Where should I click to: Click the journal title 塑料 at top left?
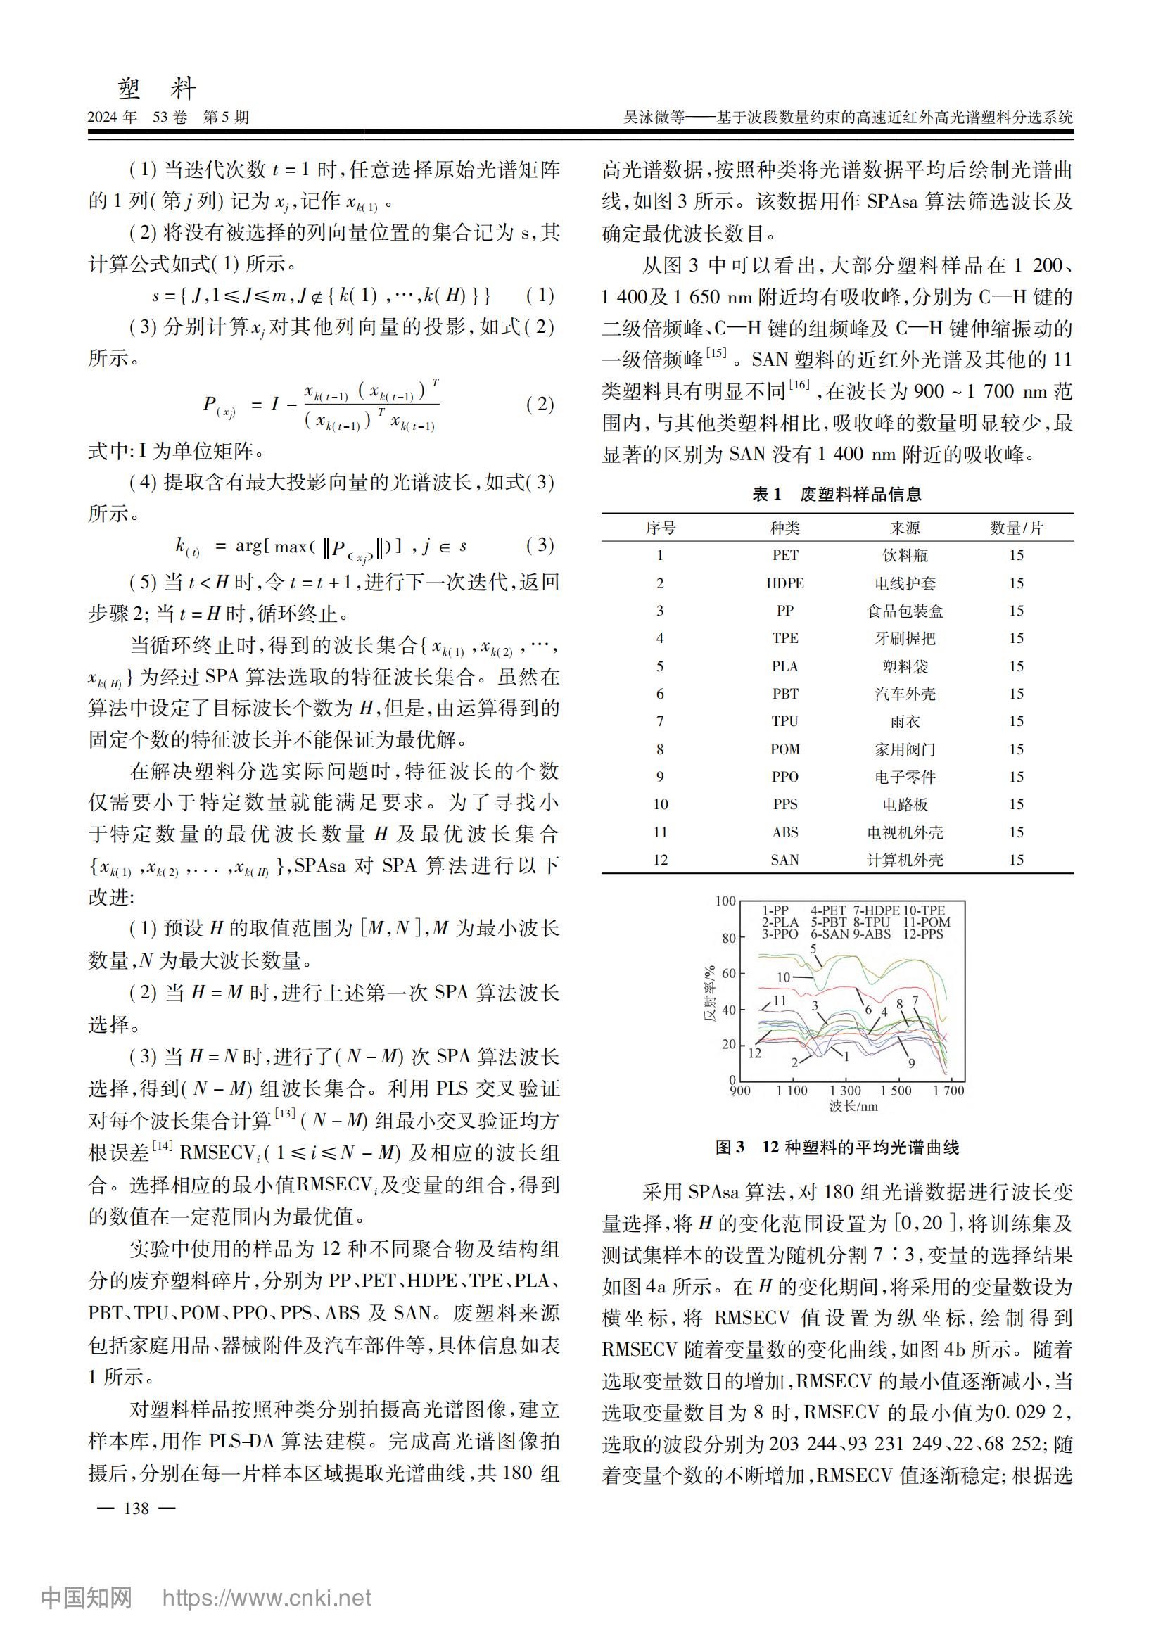click(157, 88)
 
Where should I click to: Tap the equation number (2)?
click(540, 404)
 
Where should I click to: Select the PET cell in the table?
click(784, 555)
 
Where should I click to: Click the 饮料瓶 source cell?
click(904, 555)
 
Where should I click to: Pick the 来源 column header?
click(904, 528)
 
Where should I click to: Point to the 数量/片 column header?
click(1016, 528)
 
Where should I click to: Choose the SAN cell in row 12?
click(784, 860)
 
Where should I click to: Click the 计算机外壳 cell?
click(904, 860)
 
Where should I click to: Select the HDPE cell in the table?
click(784, 583)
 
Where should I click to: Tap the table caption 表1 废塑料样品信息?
click(837, 495)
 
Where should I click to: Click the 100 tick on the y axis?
click(725, 901)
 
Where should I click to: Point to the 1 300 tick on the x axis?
click(845, 1091)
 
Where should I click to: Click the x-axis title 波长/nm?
click(853, 1106)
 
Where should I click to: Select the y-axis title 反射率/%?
click(709, 993)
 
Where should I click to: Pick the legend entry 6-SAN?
click(830, 934)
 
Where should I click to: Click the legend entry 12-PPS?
click(923, 934)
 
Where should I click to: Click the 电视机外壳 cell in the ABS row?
click(904, 832)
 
